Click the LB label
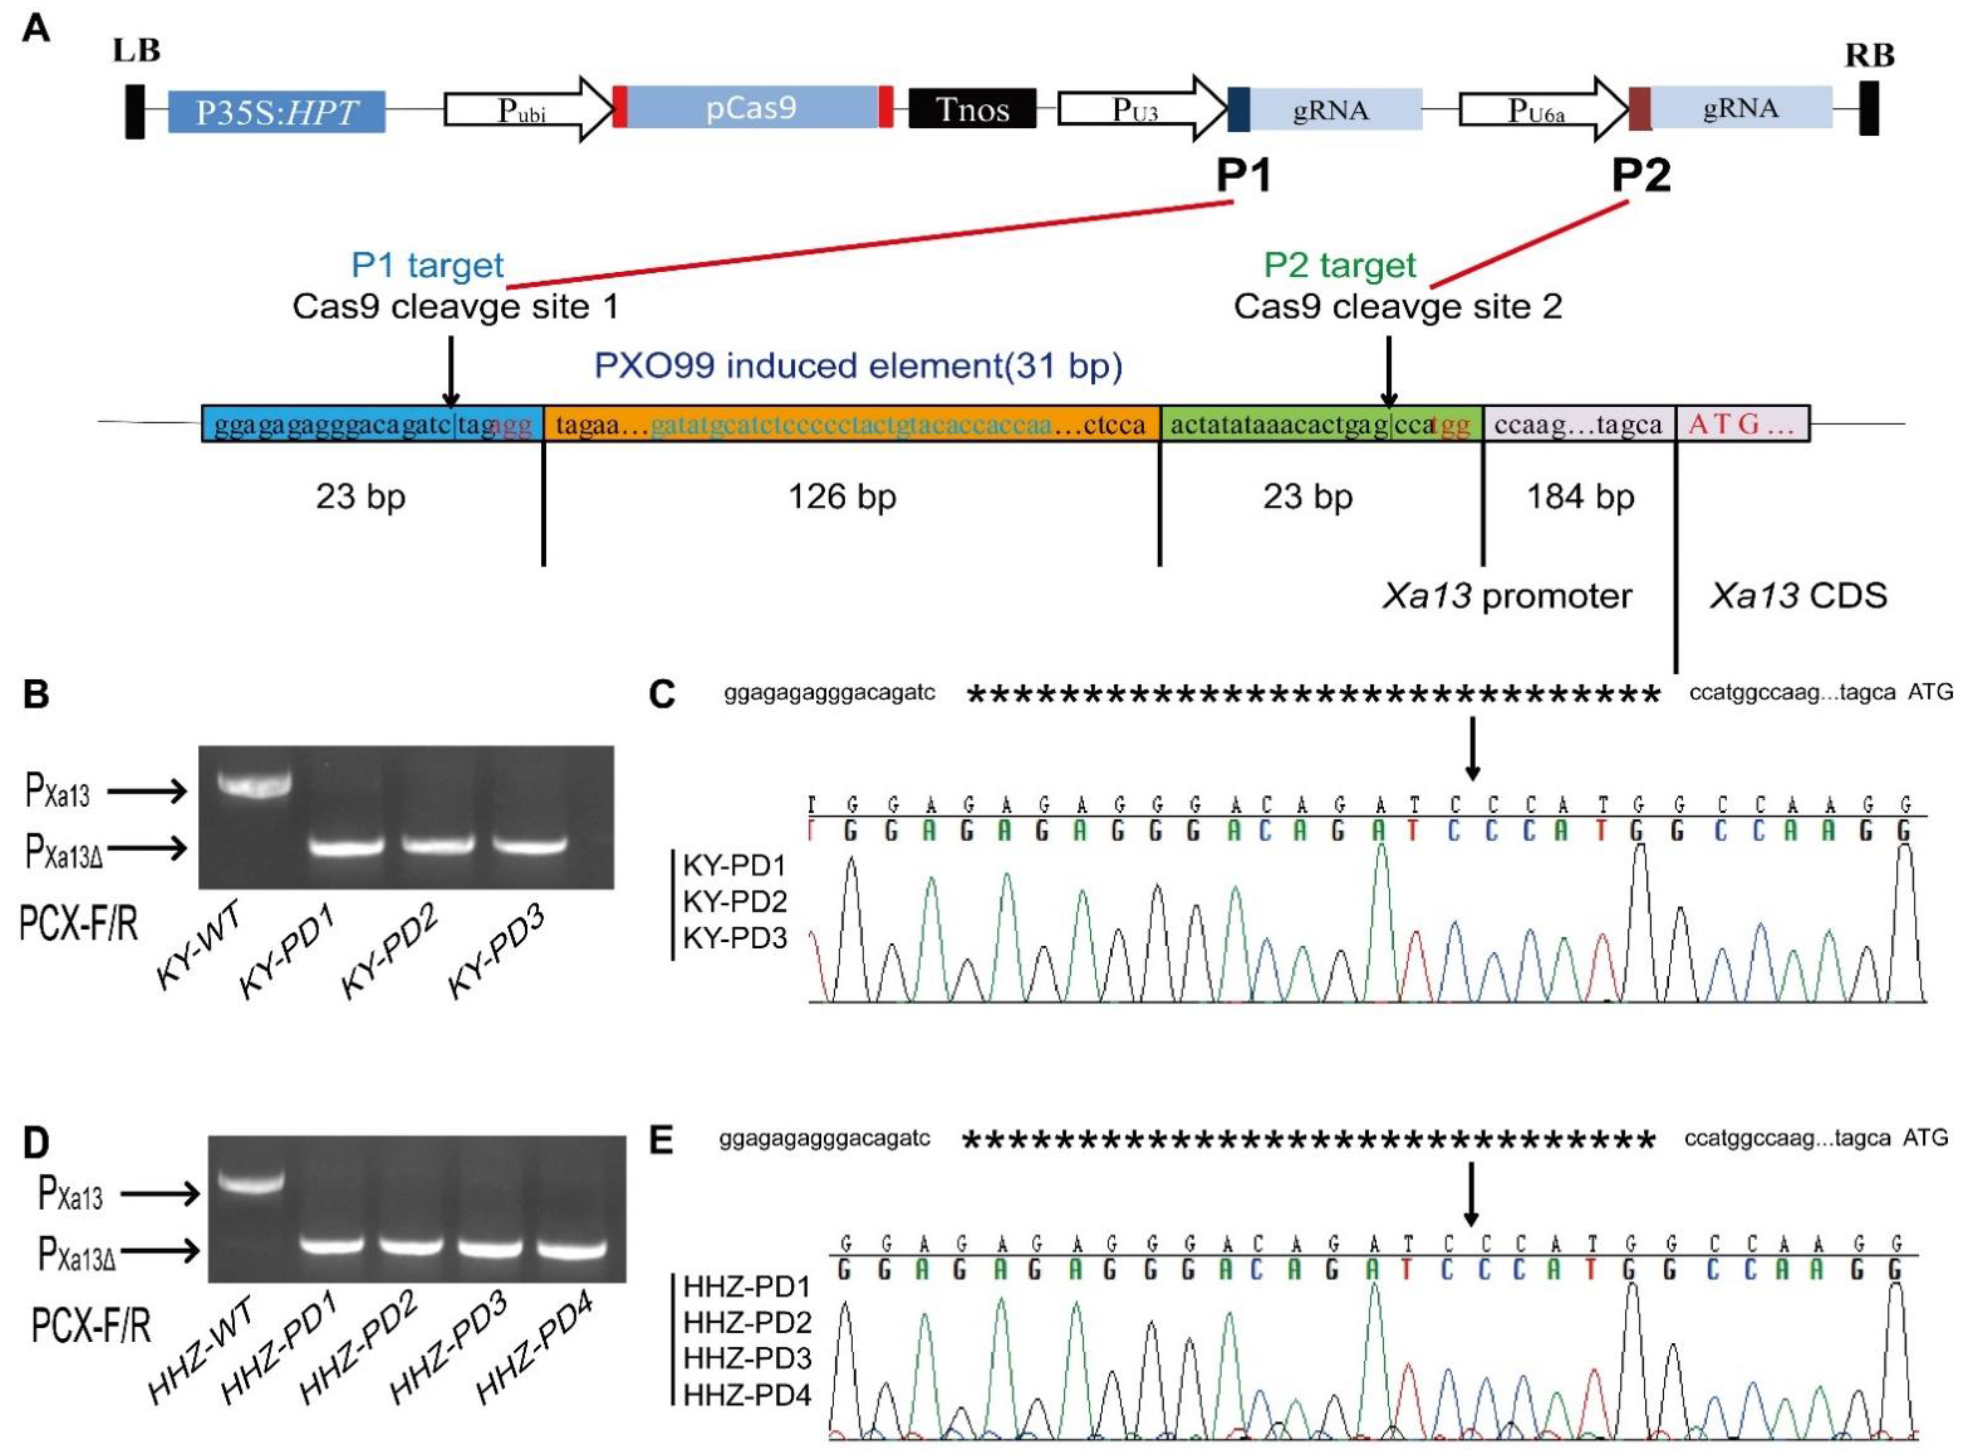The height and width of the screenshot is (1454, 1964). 137,51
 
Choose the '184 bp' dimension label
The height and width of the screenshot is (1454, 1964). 1580,497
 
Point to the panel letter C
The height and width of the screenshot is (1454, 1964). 661,695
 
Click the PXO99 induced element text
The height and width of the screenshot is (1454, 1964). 858,365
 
